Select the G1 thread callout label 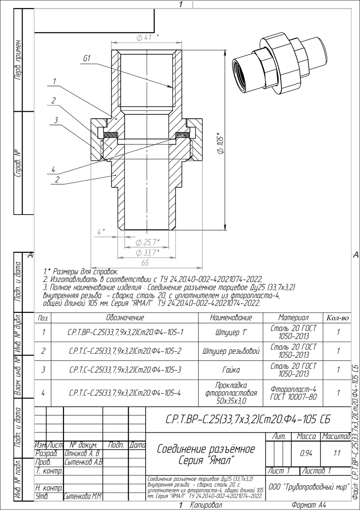(87, 59)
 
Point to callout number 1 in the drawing (54, 81)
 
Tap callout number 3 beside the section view (56, 120)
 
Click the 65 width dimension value (145, 263)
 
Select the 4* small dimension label (101, 232)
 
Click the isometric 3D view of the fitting (280, 65)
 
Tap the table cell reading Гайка (231, 370)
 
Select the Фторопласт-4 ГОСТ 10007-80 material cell (293, 393)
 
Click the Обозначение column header (125, 318)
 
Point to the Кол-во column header (337, 318)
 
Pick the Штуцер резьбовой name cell (231, 351)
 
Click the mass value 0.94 (306, 454)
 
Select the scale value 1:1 (337, 454)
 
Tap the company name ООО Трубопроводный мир (309, 487)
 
